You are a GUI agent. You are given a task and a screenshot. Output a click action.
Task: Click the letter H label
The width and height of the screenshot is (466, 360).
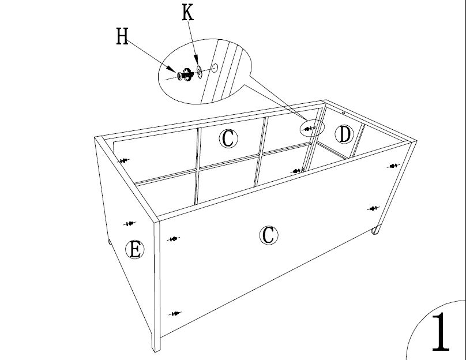[x=122, y=36]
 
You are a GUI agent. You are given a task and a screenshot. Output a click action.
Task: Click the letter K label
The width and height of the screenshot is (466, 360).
[x=188, y=13]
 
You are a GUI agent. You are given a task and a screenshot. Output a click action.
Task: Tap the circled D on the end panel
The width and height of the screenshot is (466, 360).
[x=344, y=134]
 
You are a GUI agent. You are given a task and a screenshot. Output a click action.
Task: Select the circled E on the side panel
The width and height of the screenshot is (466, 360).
[x=135, y=249]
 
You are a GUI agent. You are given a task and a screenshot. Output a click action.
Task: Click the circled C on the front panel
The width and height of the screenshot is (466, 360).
[x=269, y=235]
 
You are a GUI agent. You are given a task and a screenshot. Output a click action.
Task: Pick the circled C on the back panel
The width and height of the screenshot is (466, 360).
[x=228, y=138]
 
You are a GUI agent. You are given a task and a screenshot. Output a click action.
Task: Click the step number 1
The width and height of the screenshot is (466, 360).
[x=441, y=332]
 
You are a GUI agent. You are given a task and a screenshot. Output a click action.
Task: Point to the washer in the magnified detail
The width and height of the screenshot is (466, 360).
[x=199, y=72]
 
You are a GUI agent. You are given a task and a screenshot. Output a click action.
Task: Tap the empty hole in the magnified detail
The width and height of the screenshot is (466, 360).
[x=215, y=67]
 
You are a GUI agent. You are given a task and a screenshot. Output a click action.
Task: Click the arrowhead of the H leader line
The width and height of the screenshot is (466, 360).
[x=174, y=69]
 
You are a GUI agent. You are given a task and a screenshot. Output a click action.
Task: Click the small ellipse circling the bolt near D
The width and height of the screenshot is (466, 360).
[x=312, y=128]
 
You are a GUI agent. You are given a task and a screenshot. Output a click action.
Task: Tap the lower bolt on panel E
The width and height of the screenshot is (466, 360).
[x=130, y=223]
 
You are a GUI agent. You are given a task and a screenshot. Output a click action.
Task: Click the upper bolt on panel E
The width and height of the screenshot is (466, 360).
[x=123, y=160]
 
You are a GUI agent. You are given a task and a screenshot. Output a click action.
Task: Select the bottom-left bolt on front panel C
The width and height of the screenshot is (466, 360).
[x=175, y=313]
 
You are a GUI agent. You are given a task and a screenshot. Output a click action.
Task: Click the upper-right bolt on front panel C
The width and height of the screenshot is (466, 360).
[x=393, y=166]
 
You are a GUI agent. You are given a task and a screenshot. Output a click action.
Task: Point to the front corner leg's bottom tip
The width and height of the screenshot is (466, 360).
[x=155, y=351]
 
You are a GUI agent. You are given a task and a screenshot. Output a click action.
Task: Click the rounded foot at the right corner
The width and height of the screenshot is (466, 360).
[x=375, y=230]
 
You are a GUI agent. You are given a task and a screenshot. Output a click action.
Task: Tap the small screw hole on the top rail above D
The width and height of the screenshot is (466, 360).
[x=343, y=113]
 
